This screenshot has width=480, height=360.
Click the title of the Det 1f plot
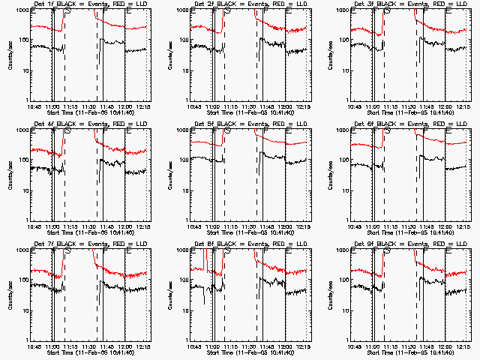pos(89,4)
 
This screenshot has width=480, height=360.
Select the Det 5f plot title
pos(250,124)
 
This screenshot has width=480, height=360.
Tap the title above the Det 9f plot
pos(410,244)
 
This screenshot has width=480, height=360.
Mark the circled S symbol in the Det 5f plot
pos(226,130)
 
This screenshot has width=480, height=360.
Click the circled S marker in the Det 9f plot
pos(387,250)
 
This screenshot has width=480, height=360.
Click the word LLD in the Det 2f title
pos(294,4)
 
